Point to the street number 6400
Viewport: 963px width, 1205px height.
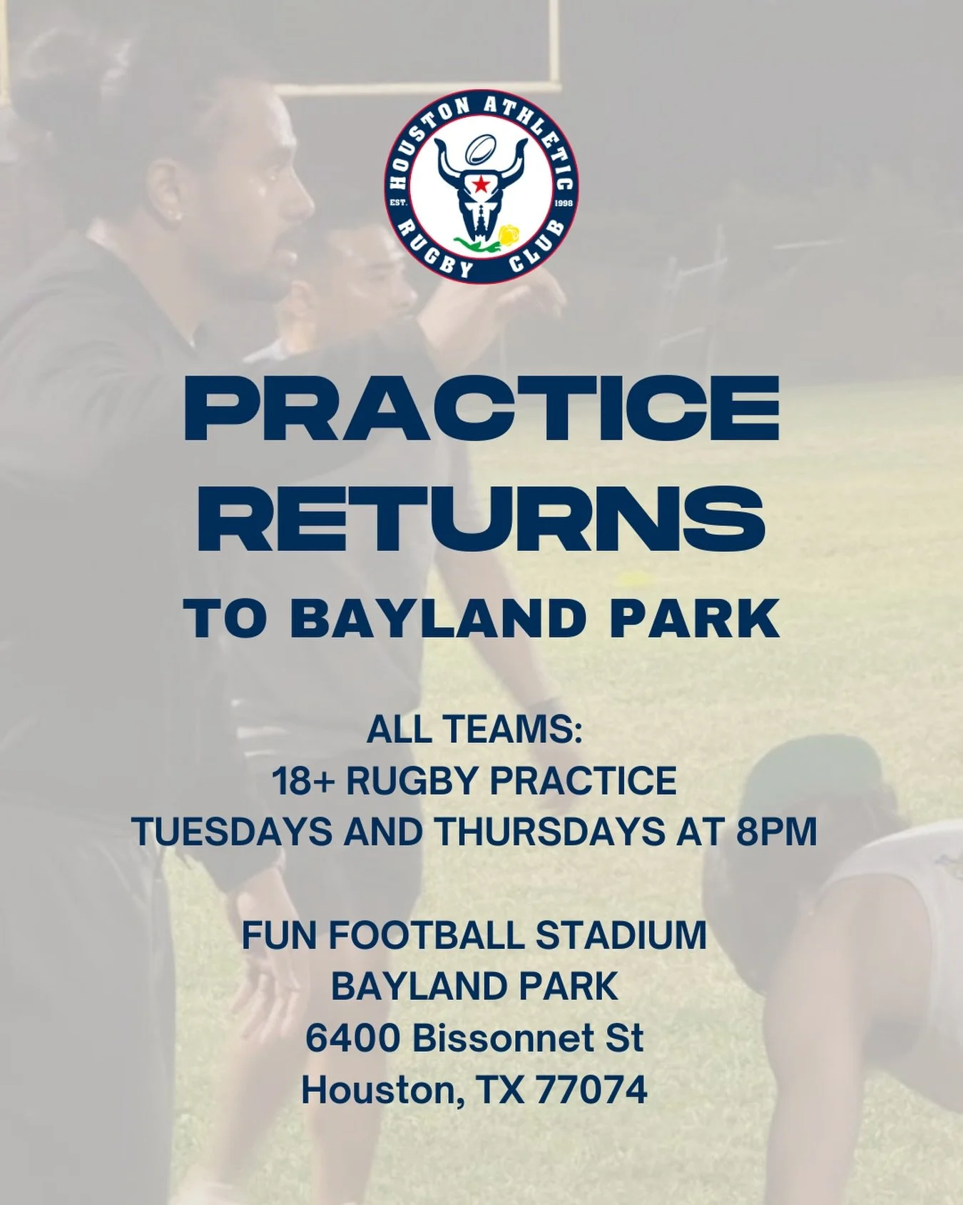click(x=352, y=1038)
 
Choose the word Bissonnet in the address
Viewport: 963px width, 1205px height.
click(x=504, y=1038)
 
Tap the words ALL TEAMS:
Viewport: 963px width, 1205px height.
click(x=474, y=730)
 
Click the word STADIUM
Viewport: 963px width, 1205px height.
click(x=621, y=936)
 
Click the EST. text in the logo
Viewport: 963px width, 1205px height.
click(x=398, y=203)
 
